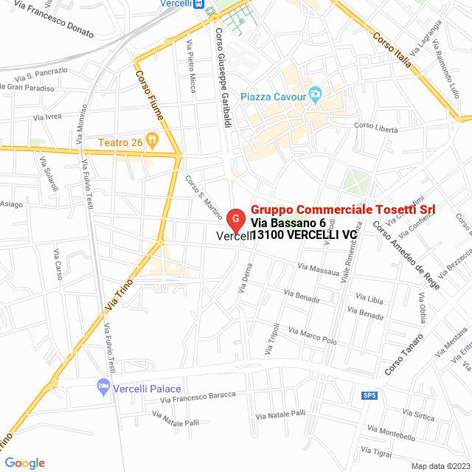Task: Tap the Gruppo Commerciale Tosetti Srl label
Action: coord(343,209)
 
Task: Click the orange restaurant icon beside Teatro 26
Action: coord(152,138)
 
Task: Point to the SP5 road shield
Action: coord(369,395)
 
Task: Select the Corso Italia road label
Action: coord(391,49)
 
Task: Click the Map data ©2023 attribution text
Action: coord(440,466)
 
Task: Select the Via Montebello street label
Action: coord(391,434)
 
